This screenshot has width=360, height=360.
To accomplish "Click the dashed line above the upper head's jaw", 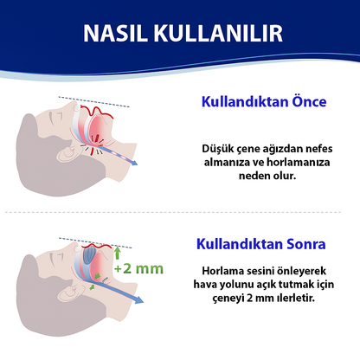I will (x=95, y=100).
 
